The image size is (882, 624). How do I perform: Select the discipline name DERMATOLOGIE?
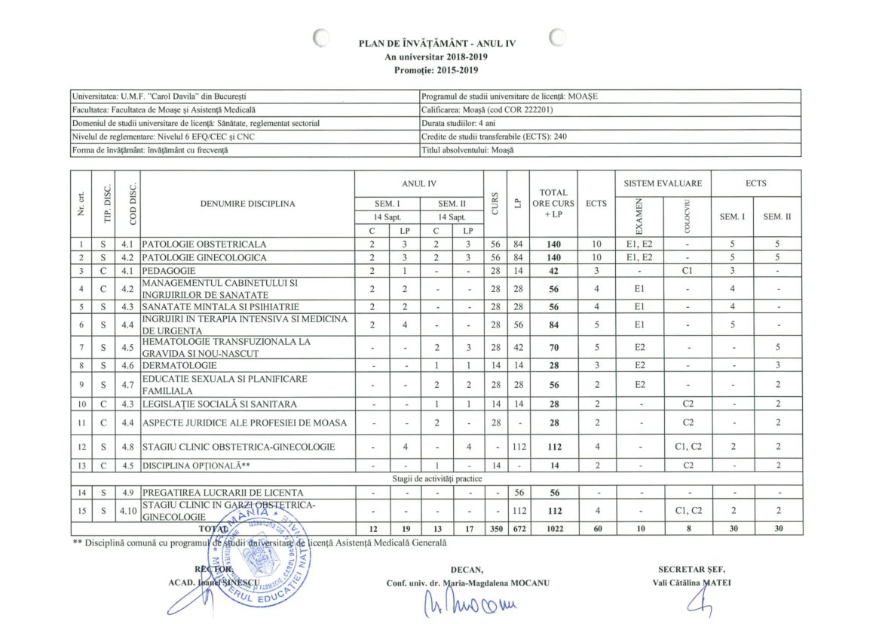175,364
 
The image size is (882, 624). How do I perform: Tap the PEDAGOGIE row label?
169,270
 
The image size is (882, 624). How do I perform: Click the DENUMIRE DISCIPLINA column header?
247,203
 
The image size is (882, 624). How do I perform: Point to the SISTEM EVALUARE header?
663,183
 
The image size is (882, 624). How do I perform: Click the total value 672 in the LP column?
518,529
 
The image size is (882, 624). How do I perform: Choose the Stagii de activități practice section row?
436,478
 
